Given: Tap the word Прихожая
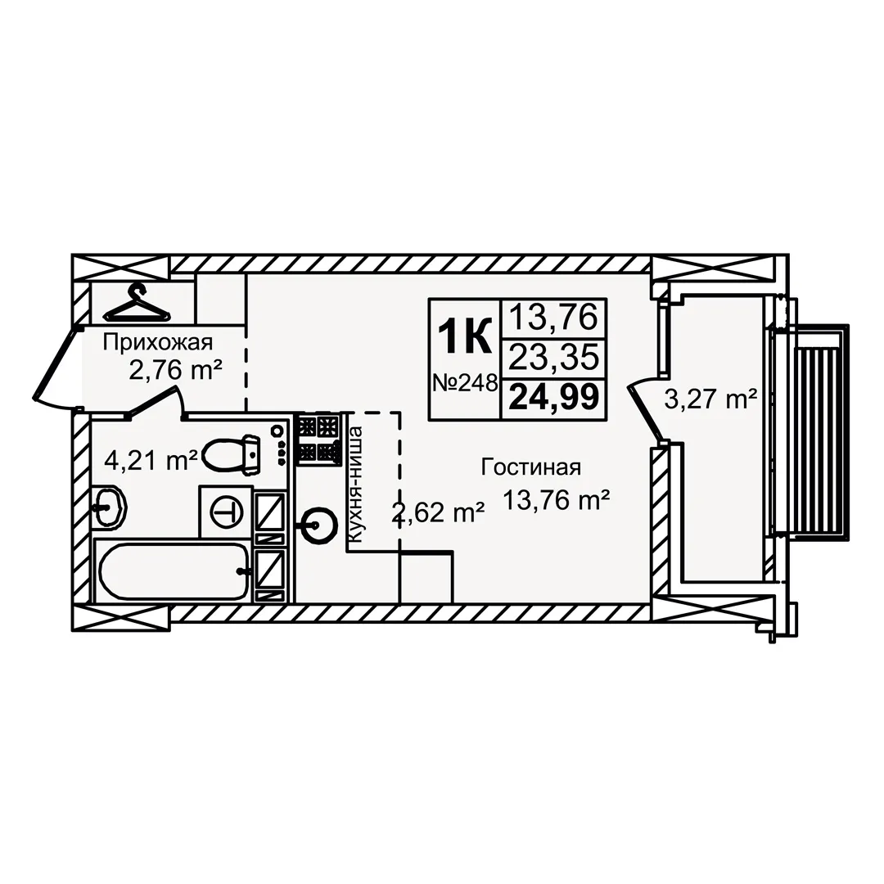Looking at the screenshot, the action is [x=157, y=342].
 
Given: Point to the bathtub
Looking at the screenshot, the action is [x=174, y=571].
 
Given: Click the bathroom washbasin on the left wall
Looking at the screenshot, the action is [x=109, y=507].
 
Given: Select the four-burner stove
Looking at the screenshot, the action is [x=318, y=440].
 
